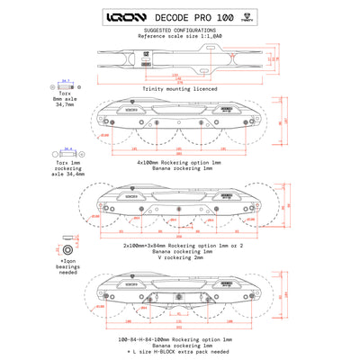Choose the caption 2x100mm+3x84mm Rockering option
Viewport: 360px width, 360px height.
point(180,244)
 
